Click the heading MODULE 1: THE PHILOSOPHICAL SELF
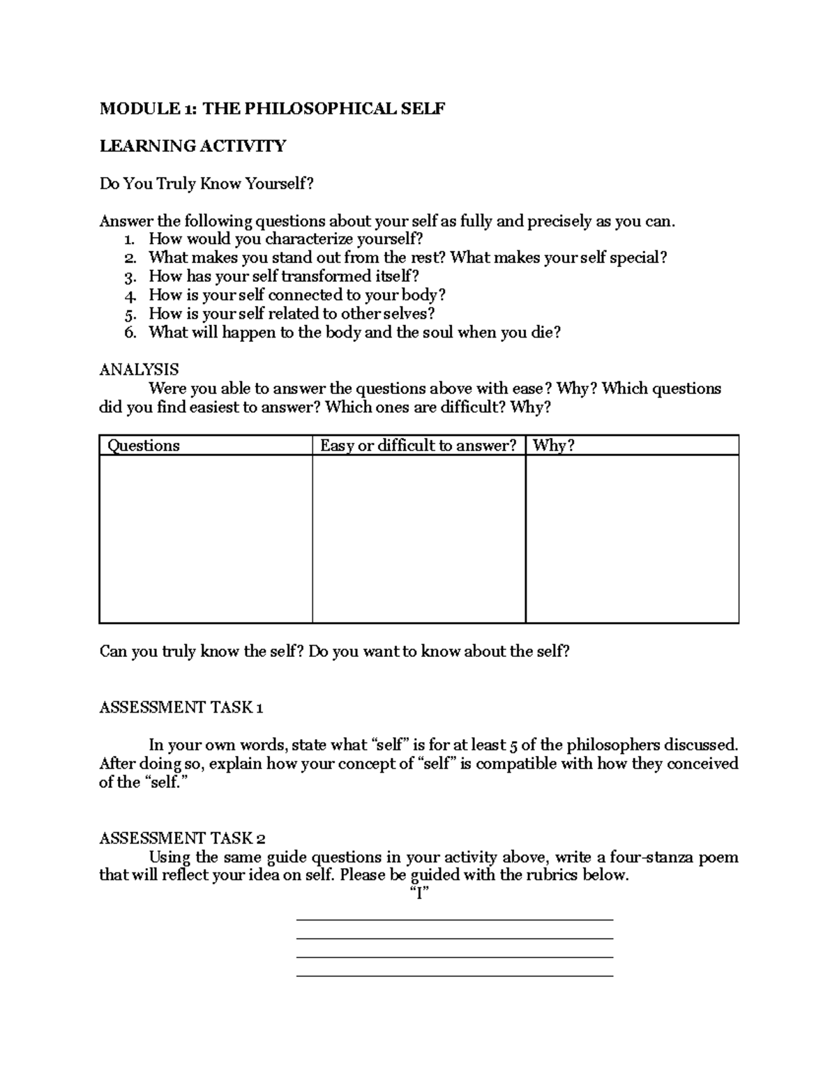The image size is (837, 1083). click(x=272, y=109)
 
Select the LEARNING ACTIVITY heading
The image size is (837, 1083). click(x=193, y=146)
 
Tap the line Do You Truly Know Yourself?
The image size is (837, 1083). click(x=206, y=183)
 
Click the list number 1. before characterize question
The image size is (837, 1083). click(x=129, y=240)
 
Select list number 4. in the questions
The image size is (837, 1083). click(x=130, y=295)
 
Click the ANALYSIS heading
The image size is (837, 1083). click(x=139, y=370)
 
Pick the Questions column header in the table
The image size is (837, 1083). click(x=143, y=446)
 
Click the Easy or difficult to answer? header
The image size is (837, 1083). click(x=418, y=446)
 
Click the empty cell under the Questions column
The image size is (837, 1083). click(x=206, y=538)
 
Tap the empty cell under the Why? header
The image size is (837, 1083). click(x=632, y=538)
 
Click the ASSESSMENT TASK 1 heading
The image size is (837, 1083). click(x=181, y=708)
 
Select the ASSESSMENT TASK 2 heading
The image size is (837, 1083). click(x=182, y=838)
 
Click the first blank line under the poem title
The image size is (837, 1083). click(x=455, y=919)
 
